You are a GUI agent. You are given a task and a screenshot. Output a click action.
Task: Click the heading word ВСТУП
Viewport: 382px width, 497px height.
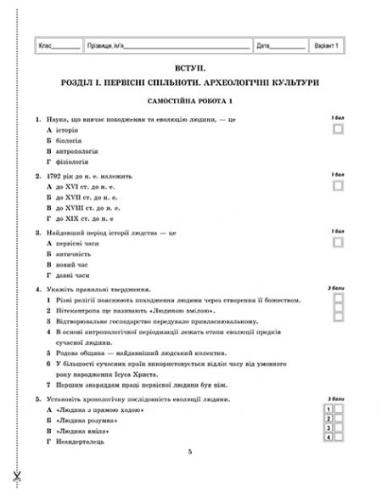pyautogui.click(x=190, y=65)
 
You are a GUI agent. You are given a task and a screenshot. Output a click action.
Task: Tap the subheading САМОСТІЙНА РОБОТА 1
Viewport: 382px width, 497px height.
pyautogui.click(x=190, y=100)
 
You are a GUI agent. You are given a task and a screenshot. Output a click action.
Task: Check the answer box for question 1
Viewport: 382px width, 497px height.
pyautogui.click(x=339, y=128)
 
